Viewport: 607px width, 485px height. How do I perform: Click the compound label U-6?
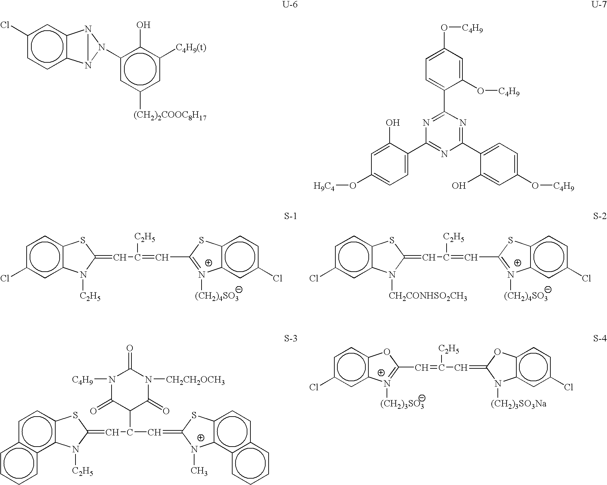click(x=290, y=5)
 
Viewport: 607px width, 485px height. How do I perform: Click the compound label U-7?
click(x=599, y=5)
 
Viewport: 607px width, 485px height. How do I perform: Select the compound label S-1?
click(x=291, y=216)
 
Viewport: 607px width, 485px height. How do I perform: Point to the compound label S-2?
click(x=600, y=216)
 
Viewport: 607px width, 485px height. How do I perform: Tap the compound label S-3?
click(x=291, y=338)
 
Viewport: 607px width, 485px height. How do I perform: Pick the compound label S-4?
click(x=600, y=338)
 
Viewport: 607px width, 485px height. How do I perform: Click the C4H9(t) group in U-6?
click(x=191, y=48)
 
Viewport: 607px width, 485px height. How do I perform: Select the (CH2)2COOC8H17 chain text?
click(x=170, y=116)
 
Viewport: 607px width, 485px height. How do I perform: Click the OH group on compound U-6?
click(x=143, y=25)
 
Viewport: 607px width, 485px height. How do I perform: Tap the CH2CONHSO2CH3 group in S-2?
click(x=428, y=297)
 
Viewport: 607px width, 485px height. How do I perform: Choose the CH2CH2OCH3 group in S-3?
click(x=195, y=381)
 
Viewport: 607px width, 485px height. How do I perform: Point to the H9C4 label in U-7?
click(x=324, y=186)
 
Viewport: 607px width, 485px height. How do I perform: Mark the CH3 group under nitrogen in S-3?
click(x=199, y=471)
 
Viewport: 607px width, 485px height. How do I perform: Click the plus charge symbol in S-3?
click(x=201, y=438)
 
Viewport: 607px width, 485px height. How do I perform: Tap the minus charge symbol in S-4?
click(x=421, y=398)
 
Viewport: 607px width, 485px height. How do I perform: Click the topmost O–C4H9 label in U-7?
click(x=463, y=29)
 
